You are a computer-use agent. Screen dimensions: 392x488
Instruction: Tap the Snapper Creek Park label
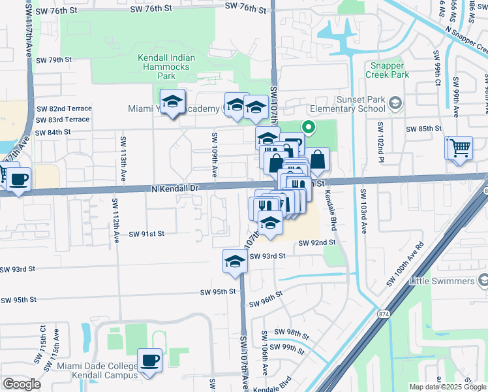[390, 71]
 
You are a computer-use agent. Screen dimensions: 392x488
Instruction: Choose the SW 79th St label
[53, 60]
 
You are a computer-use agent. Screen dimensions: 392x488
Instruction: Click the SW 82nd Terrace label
[64, 108]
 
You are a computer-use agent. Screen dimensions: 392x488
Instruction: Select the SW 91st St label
[146, 233]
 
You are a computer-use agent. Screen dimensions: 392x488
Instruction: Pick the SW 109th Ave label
[213, 155]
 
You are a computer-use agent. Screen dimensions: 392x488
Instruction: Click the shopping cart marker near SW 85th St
[459, 148]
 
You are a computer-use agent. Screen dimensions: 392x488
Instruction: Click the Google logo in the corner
[22, 384]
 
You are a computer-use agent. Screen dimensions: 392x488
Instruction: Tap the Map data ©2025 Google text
[448, 387]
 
